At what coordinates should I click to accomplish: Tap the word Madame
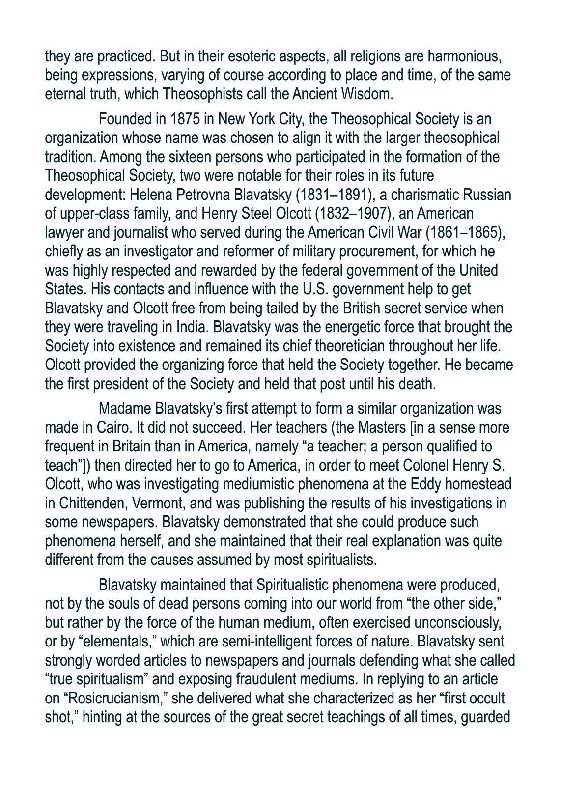[125, 409]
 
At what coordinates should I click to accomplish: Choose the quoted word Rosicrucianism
[116, 698]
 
